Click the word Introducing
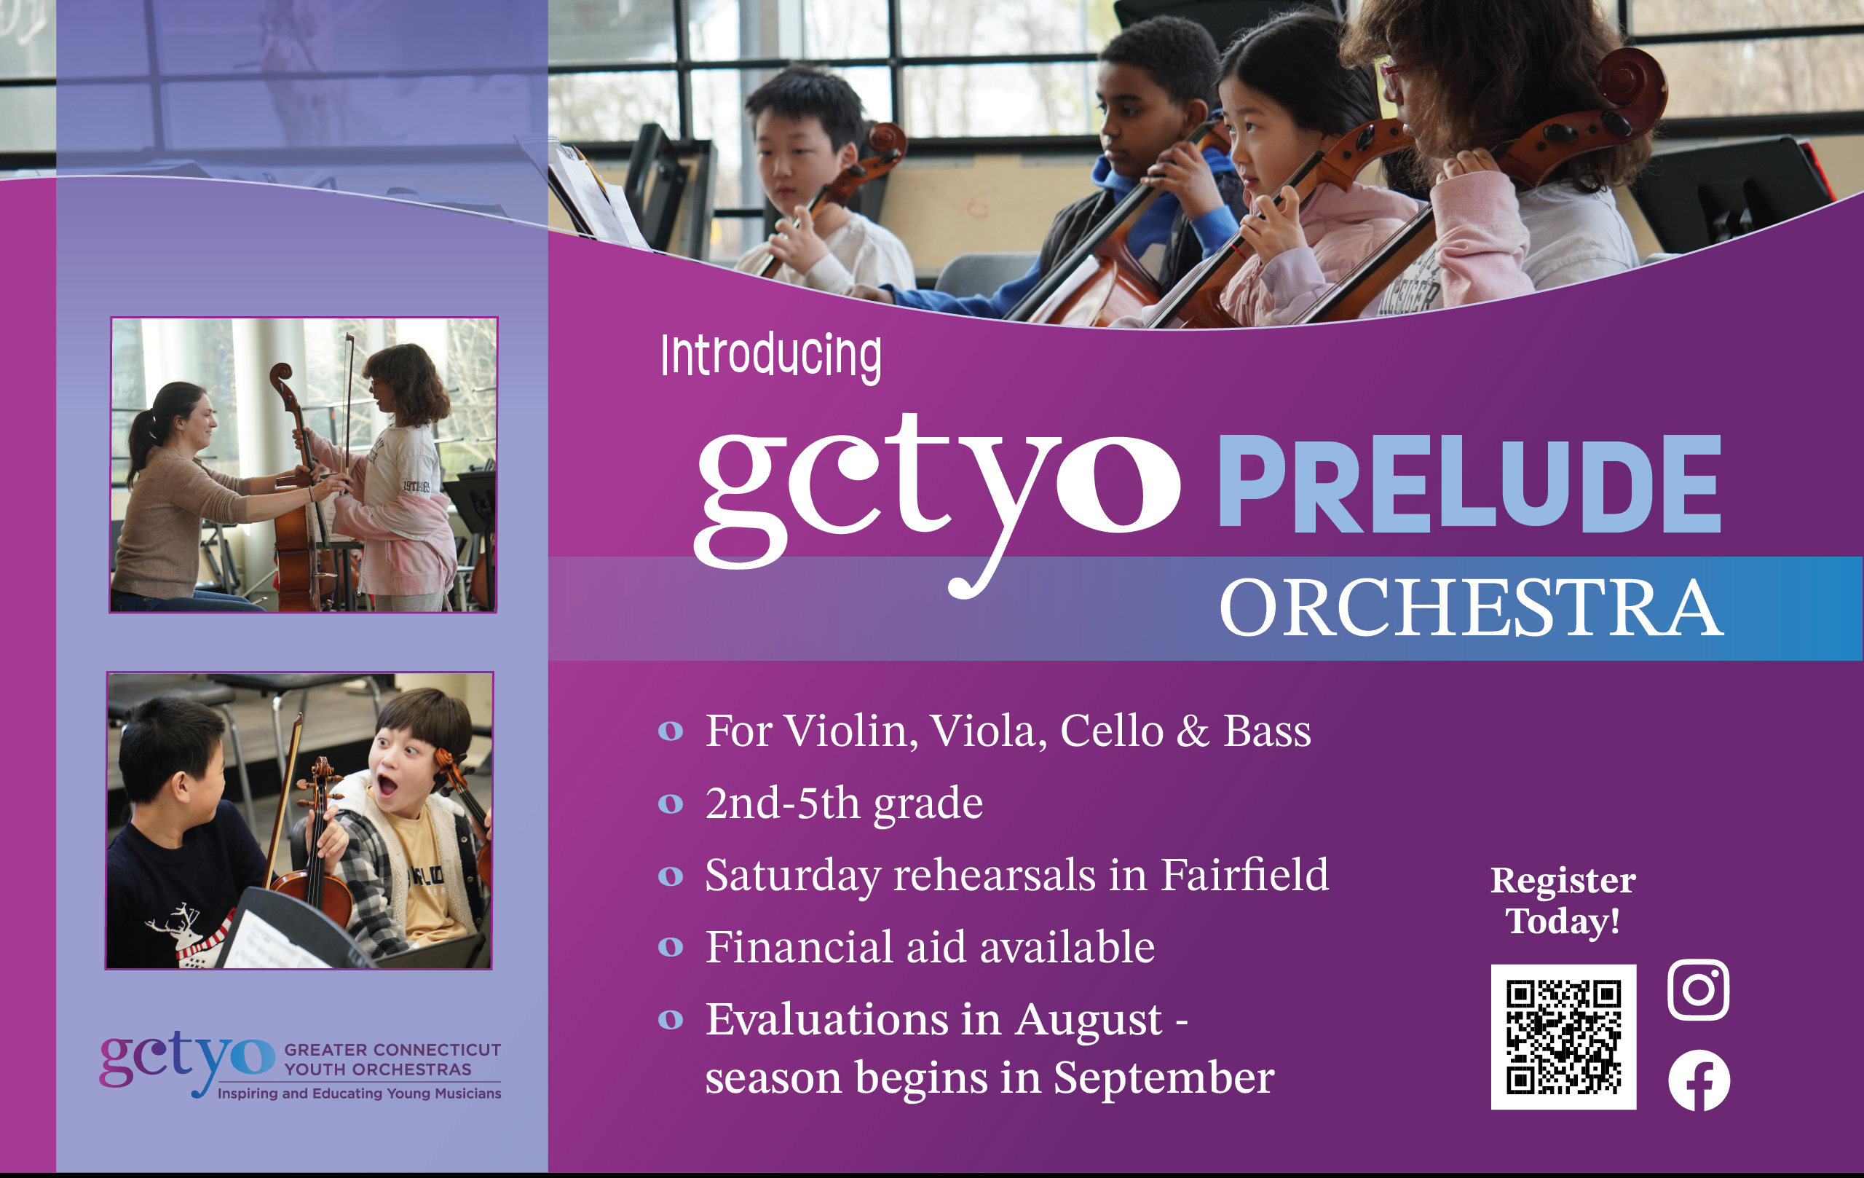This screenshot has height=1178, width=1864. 771,357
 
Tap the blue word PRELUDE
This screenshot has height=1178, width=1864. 1469,484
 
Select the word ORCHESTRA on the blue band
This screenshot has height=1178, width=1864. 1471,608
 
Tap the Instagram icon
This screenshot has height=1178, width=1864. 1698,990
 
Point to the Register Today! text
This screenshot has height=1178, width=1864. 1563,900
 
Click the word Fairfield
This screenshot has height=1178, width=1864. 1245,875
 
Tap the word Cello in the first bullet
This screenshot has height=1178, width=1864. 1112,731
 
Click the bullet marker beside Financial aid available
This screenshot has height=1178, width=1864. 671,947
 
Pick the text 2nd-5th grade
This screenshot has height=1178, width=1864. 844,803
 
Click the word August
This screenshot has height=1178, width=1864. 1089,1019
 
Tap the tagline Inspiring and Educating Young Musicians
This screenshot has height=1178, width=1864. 359,1093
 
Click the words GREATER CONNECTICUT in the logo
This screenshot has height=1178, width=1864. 392,1051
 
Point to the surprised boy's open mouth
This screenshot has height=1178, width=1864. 387,788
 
